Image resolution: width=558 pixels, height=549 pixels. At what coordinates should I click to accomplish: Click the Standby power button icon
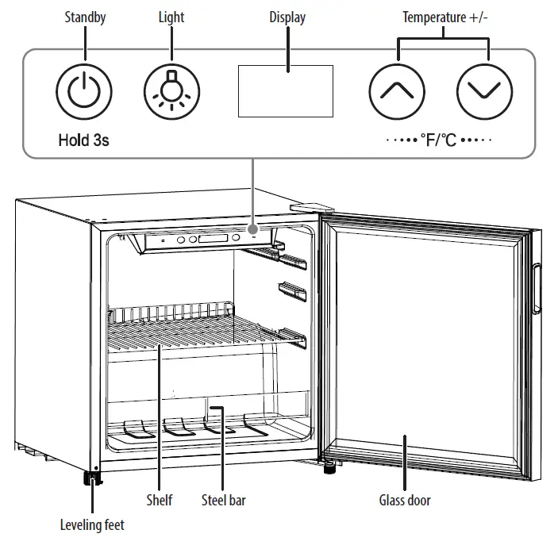coord(84,91)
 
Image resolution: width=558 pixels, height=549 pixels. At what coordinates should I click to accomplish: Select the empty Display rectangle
coord(285,91)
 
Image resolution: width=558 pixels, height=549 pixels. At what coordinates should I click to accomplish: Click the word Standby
coord(85,17)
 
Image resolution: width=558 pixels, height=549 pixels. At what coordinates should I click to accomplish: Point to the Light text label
coord(171,17)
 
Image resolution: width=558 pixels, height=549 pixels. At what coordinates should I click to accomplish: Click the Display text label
coord(287,17)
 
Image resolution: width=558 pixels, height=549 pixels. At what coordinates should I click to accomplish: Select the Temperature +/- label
coord(445,17)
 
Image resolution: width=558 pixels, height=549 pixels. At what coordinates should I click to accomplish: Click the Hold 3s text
coord(83,141)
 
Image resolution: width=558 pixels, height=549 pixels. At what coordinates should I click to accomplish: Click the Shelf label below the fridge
coord(159,501)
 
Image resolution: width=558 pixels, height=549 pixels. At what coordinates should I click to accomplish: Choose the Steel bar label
coord(223,501)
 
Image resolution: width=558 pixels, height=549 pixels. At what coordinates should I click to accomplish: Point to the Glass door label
coord(405,501)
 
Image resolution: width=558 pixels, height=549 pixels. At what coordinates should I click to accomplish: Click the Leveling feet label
coord(92,524)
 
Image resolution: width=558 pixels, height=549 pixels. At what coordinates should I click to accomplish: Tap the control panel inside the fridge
coord(202,240)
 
